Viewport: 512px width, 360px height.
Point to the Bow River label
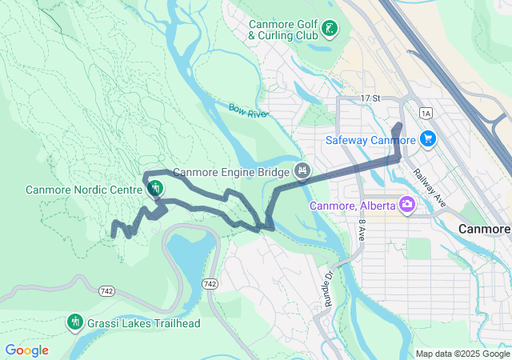[x=246, y=110]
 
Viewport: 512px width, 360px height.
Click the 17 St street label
[x=369, y=98]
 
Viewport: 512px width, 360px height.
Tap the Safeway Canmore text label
[x=370, y=140]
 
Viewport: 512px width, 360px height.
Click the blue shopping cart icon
[x=428, y=139]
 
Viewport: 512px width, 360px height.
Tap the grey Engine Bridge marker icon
[x=302, y=170]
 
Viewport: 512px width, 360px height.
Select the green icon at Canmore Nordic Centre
[x=154, y=189]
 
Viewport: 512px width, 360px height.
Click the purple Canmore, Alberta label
[x=353, y=206]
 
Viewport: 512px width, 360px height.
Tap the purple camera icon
[x=407, y=205]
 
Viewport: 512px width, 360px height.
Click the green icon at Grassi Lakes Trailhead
[x=75, y=322]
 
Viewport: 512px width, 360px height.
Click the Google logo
[x=26, y=350]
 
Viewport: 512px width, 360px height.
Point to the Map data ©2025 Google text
[x=462, y=354]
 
